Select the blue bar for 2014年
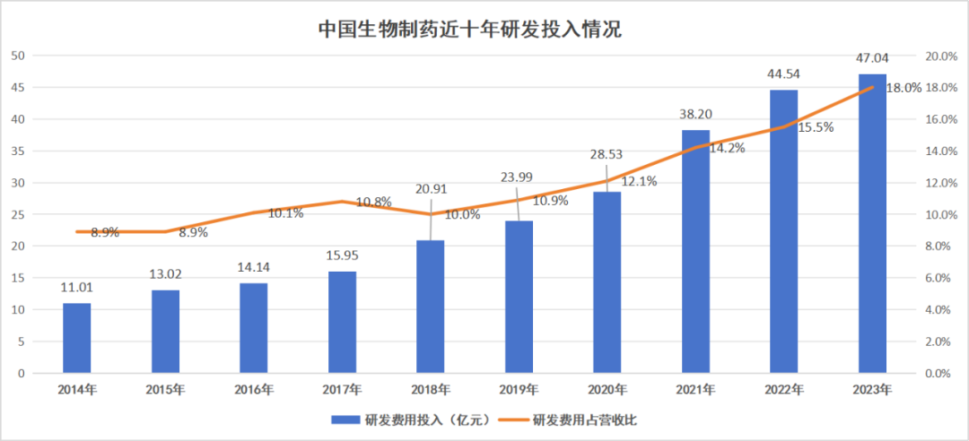coord(76,338)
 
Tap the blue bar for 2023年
coord(872,223)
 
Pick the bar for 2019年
coord(519,297)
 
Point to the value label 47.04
coord(872,60)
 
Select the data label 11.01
coord(76,288)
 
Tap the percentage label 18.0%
coord(903,88)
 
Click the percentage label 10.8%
coord(372,203)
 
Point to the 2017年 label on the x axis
coord(342,390)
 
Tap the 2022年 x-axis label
coord(784,390)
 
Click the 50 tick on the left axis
coord(17,56)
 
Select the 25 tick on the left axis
coord(17,215)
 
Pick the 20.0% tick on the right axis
coord(941,56)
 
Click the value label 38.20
coord(695,115)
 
